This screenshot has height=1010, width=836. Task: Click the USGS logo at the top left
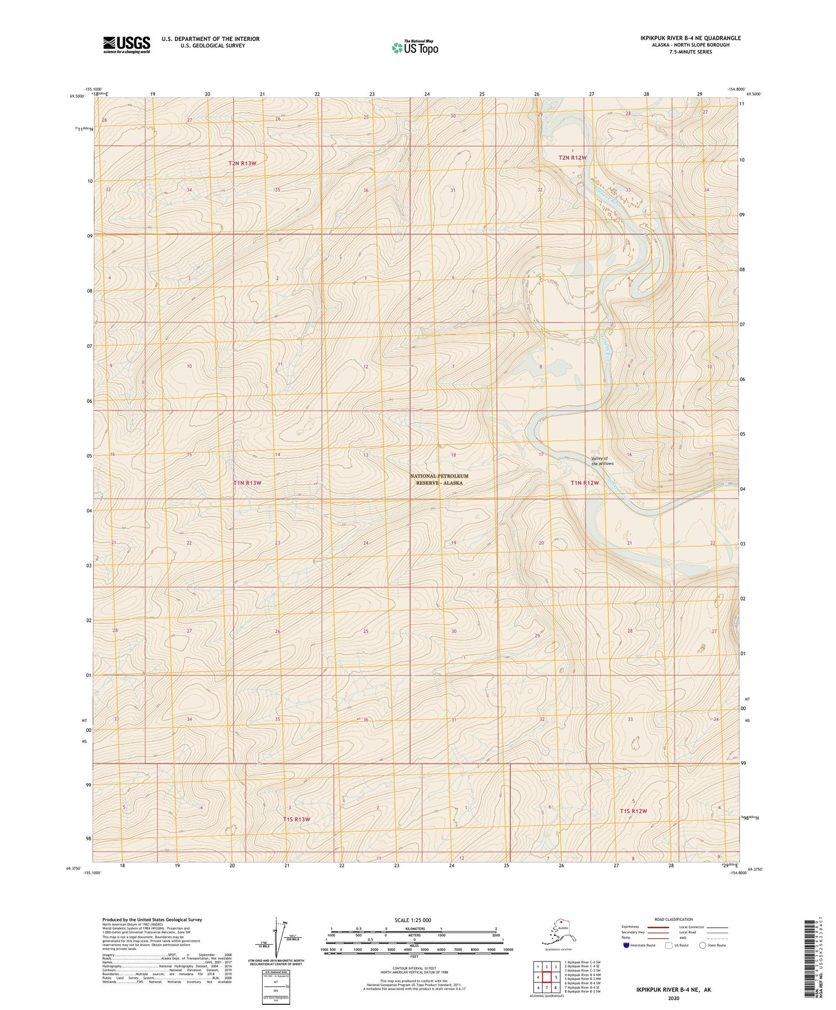(x=126, y=45)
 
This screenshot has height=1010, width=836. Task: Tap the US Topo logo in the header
(x=414, y=47)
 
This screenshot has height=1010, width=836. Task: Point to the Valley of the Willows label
(x=602, y=461)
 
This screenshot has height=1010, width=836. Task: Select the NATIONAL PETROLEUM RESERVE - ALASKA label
(x=439, y=479)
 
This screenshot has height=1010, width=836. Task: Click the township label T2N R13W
(x=242, y=163)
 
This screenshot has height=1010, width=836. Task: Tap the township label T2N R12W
(x=572, y=157)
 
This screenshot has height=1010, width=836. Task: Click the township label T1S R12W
(x=633, y=811)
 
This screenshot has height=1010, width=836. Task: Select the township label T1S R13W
(x=296, y=819)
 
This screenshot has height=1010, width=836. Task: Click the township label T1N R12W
(x=584, y=482)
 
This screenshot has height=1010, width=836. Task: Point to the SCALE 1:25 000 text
(x=413, y=920)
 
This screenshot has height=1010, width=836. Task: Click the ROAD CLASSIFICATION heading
(x=673, y=919)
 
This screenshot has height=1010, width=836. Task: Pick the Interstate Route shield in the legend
(x=627, y=945)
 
